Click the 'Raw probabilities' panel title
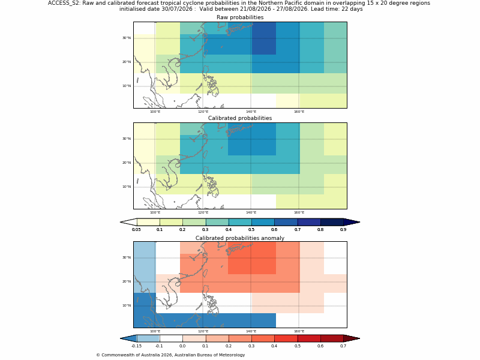coord(240,17)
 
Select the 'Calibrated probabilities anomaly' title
coord(240,238)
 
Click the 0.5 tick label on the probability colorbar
coord(251,230)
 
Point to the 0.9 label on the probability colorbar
coord(343,230)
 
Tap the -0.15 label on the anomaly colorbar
coord(136,346)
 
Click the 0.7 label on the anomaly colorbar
coord(343,346)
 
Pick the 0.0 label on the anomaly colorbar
coord(182,346)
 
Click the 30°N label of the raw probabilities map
coord(127,38)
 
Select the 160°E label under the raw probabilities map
coord(299,112)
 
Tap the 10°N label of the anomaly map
coord(127,305)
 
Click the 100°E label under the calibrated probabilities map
coord(155,212)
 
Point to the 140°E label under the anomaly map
coord(251,331)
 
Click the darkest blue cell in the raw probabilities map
coord(264,38)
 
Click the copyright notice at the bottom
coord(170,355)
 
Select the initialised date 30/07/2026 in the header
coord(176,9)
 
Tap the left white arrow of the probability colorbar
coord(128,222)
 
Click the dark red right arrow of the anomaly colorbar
coord(352,338)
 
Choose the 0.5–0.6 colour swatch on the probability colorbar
coord(263,222)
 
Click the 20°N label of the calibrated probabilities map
coord(127,163)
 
